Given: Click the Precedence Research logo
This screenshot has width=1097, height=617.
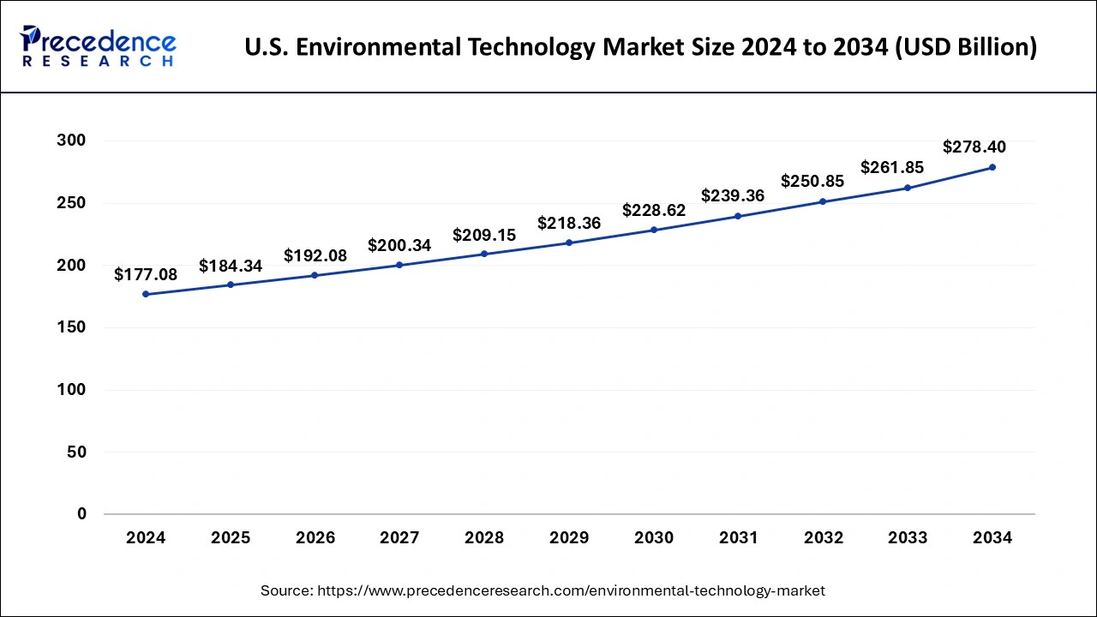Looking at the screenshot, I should tap(98, 46).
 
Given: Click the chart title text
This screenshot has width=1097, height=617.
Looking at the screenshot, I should tap(640, 48).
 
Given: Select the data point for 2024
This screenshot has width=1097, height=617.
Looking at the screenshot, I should tap(146, 294).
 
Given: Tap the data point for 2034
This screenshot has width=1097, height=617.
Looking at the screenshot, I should tap(992, 167).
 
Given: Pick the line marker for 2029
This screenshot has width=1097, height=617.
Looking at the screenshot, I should tap(569, 243).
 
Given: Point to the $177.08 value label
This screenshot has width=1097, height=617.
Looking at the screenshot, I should tap(146, 274).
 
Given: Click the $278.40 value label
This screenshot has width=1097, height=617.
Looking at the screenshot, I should tap(974, 147).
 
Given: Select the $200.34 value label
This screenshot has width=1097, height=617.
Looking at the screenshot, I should tap(399, 246).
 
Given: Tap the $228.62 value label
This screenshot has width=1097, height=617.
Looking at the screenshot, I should tap(654, 210).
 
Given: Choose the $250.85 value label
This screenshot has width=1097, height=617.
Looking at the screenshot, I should tap(812, 182).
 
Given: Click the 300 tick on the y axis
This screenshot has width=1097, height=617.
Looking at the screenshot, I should tap(72, 141).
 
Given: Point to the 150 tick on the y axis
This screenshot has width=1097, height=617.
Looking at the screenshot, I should tap(72, 327).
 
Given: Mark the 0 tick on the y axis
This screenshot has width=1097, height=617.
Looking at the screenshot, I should tap(81, 514).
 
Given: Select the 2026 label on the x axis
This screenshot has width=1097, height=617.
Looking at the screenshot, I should tap(315, 538).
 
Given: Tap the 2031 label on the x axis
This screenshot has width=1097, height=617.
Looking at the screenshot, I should tap(738, 538).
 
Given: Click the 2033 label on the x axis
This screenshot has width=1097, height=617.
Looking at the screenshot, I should tap(908, 538).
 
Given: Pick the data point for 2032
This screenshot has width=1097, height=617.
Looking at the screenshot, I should tap(823, 201).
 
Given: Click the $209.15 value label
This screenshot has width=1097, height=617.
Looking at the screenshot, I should tap(484, 235).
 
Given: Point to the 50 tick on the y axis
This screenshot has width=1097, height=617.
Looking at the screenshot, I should tap(76, 452).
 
